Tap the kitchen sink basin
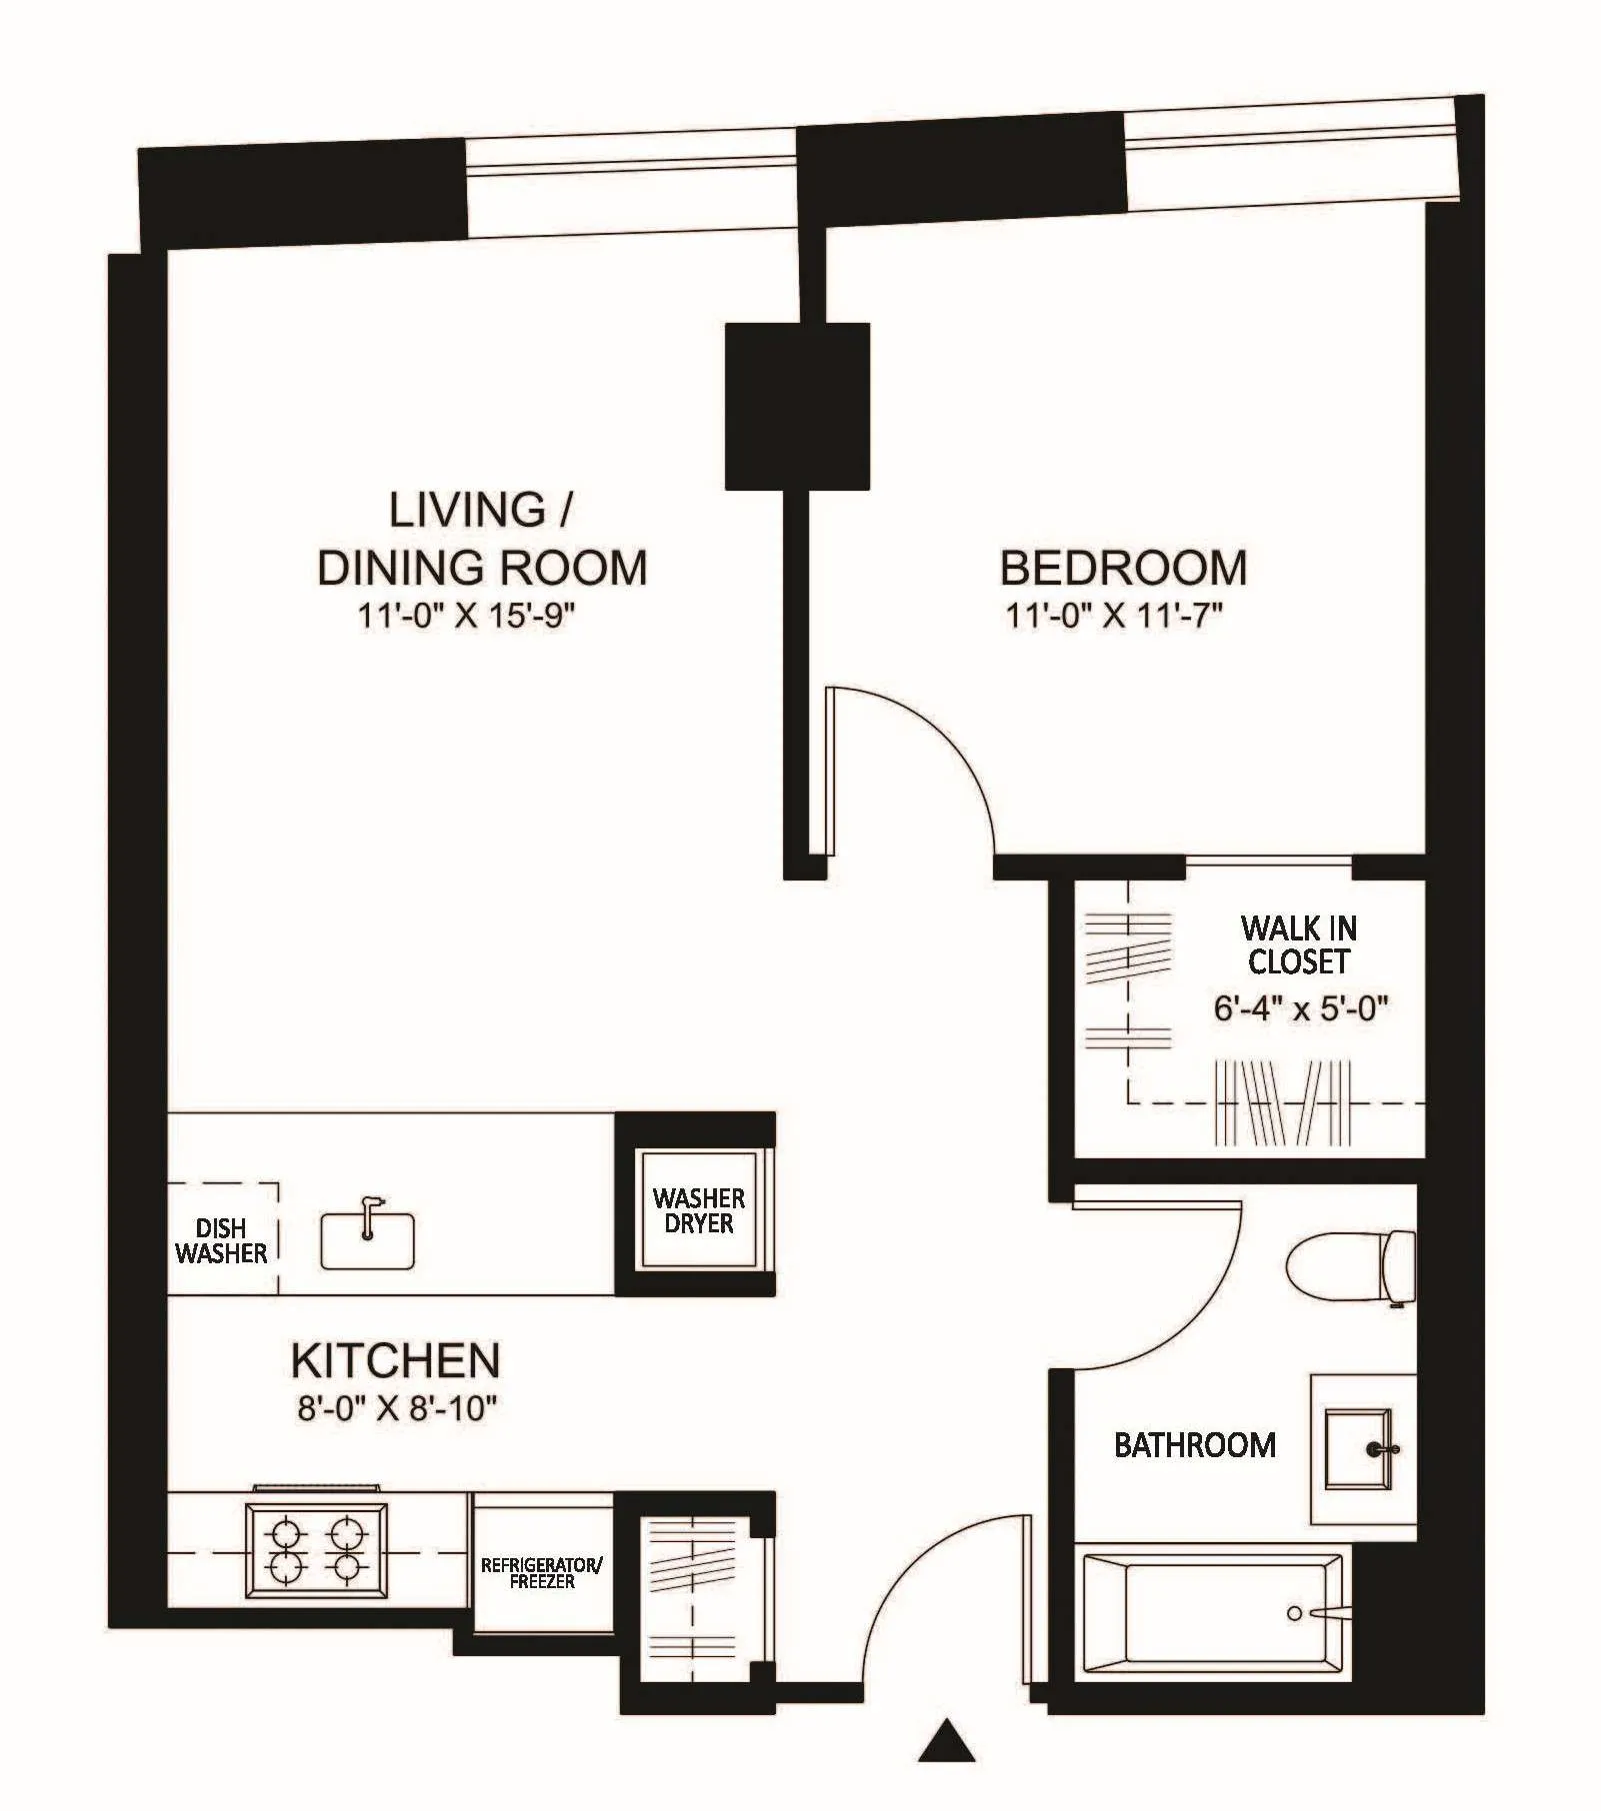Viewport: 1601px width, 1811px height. coord(367,1242)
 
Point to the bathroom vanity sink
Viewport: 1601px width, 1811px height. coord(1357,1448)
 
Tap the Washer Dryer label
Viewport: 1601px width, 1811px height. coord(698,1210)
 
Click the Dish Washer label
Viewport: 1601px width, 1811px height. coord(220,1240)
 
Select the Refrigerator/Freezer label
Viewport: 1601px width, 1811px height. coord(541,1573)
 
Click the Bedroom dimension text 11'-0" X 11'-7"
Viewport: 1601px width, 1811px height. coord(1114,615)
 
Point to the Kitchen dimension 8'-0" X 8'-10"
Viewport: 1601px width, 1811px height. coord(397,1408)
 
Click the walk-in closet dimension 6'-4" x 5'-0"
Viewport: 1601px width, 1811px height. coord(1301,1008)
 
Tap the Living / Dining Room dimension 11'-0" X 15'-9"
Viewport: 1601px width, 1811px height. coord(467,615)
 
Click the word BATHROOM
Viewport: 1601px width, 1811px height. coord(1195,1445)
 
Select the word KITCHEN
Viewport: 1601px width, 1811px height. coord(395,1360)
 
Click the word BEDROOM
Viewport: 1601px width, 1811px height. coord(1123,568)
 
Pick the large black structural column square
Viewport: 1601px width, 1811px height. coord(797,406)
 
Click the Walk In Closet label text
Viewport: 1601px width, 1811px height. coord(1298,944)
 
